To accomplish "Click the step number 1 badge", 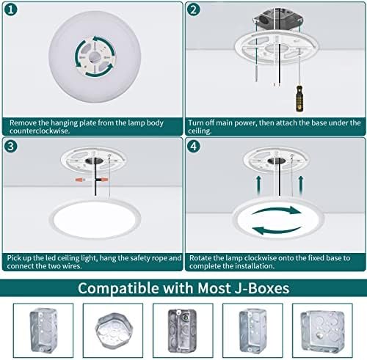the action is (x=11, y=10).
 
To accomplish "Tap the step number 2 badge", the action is (x=193, y=10).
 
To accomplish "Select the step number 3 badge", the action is (x=11, y=146).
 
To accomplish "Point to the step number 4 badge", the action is (x=193, y=146).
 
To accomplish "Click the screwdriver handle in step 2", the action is (x=299, y=98).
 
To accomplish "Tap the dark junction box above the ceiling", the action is (x=278, y=19).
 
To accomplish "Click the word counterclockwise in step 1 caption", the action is (x=40, y=131).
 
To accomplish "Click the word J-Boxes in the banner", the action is (x=262, y=288).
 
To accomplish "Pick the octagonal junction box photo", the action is (x=113, y=331).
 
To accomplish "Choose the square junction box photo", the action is (x=322, y=331).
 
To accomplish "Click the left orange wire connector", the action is (x=81, y=180).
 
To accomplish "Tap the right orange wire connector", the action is (x=103, y=180).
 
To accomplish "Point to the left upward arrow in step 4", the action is (x=258, y=185).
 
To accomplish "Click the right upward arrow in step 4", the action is (x=301, y=185).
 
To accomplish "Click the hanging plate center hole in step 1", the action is (x=93, y=57).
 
